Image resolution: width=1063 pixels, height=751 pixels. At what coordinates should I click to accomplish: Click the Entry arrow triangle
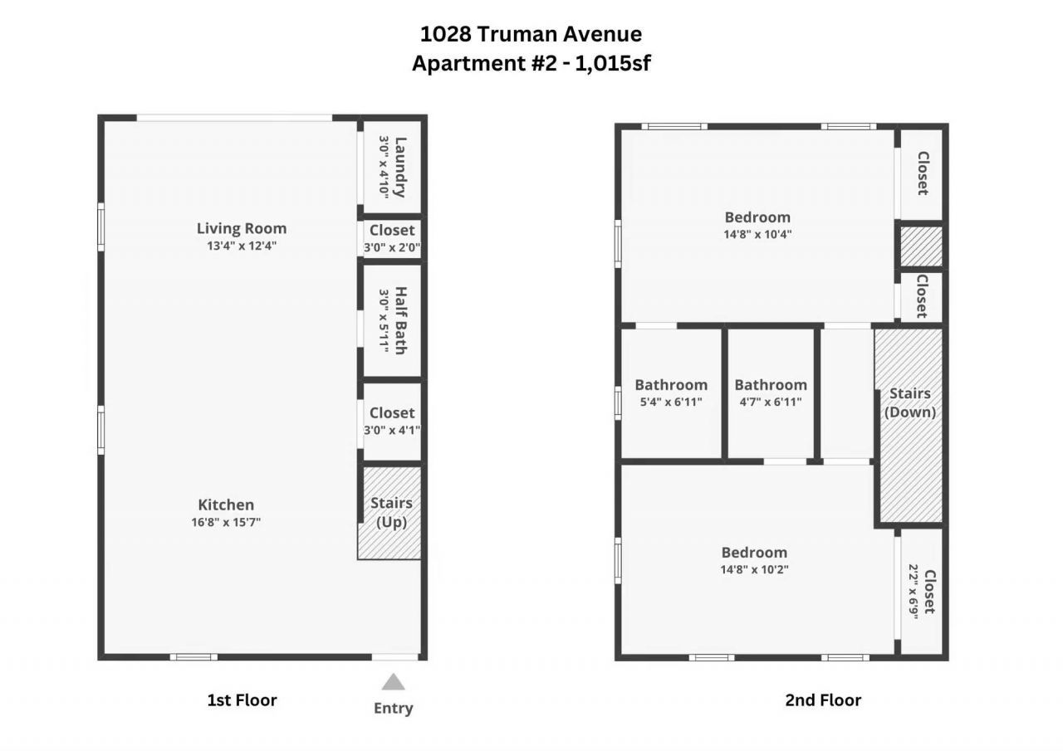click(x=393, y=682)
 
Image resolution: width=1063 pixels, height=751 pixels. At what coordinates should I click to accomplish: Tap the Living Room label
click(x=241, y=228)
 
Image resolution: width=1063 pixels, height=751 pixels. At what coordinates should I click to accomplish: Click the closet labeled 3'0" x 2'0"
click(x=392, y=239)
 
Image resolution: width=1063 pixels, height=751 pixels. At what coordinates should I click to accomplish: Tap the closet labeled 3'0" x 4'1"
click(x=392, y=421)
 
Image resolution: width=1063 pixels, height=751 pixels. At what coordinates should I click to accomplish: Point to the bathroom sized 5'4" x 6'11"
click(x=671, y=393)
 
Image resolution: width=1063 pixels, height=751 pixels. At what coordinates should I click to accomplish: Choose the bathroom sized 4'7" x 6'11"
click(x=771, y=393)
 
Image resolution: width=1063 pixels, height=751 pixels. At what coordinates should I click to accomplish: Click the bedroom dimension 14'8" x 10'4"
click(x=757, y=234)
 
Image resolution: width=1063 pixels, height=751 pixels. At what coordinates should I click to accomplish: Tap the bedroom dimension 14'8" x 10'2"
click(x=754, y=569)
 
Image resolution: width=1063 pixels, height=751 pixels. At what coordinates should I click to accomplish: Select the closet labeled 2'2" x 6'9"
click(x=922, y=591)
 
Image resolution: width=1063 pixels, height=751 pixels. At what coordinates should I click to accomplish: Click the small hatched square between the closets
click(x=922, y=246)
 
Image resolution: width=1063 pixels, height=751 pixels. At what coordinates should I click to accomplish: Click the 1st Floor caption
click(x=242, y=700)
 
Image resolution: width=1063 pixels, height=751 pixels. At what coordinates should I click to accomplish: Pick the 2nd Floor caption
click(x=823, y=700)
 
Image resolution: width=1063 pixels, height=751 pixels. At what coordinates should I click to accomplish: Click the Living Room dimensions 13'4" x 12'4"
click(x=241, y=246)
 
